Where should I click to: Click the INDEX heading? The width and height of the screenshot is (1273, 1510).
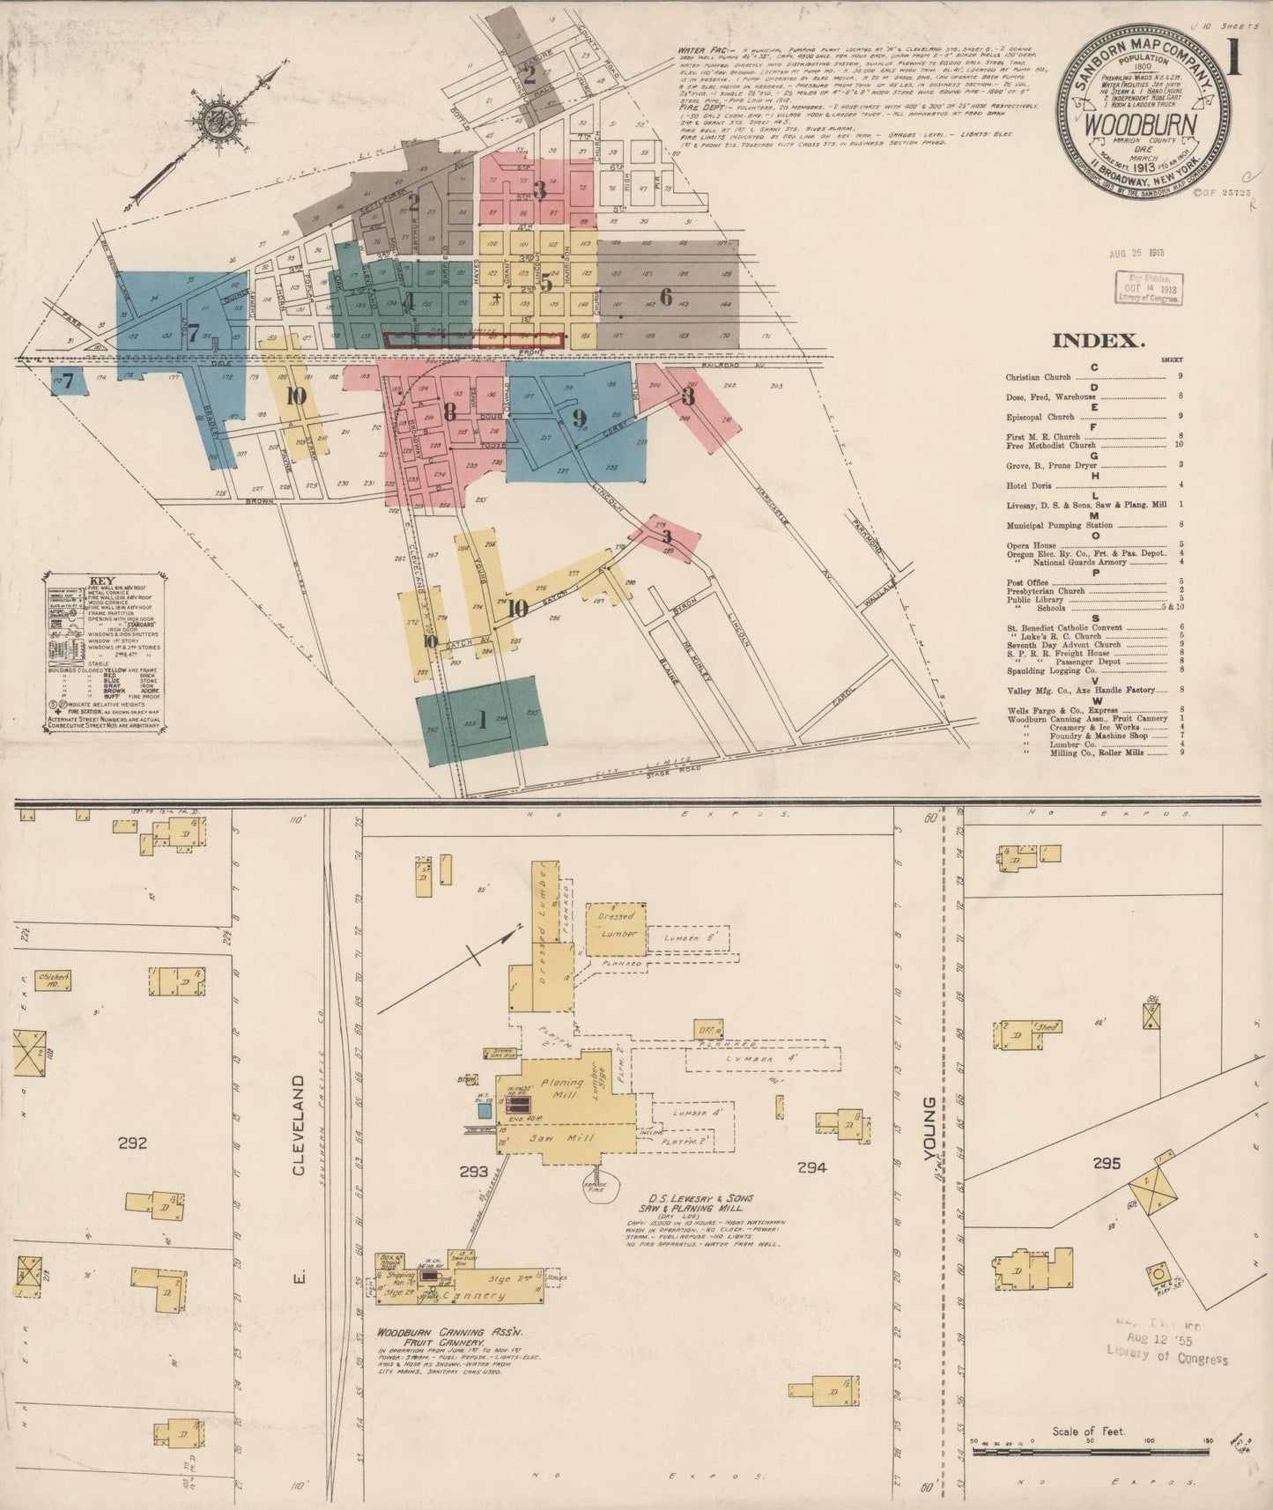(x=1098, y=340)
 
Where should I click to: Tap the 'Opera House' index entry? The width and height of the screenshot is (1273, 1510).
(x=1031, y=545)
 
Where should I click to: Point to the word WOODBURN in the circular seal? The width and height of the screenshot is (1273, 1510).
(x=1139, y=124)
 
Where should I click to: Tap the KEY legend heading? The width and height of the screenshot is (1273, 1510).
(x=102, y=581)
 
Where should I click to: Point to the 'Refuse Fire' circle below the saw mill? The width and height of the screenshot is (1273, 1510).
(x=599, y=1184)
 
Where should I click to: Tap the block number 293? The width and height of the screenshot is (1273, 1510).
(x=473, y=1171)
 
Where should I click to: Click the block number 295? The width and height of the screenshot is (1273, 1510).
(x=1106, y=1163)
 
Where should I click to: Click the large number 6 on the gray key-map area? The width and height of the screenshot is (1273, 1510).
(x=666, y=298)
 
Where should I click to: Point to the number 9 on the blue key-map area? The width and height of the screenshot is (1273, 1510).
(x=579, y=418)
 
